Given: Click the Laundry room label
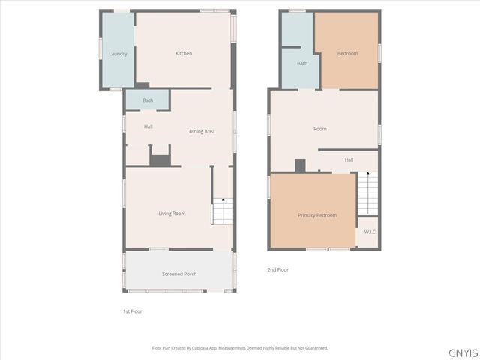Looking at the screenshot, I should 118,54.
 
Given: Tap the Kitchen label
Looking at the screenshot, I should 184,53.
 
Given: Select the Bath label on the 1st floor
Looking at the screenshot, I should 148,100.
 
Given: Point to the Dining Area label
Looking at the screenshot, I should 202,131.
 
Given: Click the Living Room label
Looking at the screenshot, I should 172,214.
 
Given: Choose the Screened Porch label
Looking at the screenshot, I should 179,274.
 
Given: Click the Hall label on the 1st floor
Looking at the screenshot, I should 148,127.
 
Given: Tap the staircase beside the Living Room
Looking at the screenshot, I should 223,210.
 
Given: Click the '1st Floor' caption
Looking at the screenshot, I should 132,310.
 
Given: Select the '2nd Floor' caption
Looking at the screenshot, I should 277,269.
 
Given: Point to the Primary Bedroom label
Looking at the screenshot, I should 317,215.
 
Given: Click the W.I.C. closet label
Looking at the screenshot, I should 370,232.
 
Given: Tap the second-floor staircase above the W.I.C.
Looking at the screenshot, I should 367,193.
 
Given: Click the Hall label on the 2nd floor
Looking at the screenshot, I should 349,160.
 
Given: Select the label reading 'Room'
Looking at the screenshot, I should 320,129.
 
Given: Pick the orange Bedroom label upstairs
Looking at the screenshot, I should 347,53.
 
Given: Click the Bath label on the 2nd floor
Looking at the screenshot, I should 302,63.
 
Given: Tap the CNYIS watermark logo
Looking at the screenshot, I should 462,352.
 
